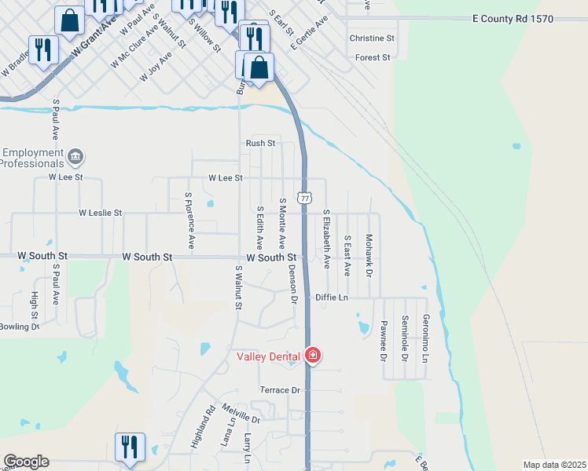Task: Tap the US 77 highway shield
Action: pos(303,198)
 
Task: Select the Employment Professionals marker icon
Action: pos(75,156)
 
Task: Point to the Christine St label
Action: pos(372,38)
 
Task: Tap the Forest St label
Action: pos(373,57)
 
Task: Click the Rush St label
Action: pos(260,143)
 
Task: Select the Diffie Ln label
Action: pos(331,298)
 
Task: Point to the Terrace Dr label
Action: pos(281,390)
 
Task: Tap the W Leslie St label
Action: pos(100,213)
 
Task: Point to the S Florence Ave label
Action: pos(189,217)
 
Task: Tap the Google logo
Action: pos(26,462)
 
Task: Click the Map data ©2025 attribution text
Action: pos(553,465)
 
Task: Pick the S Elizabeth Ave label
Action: pos(326,239)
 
